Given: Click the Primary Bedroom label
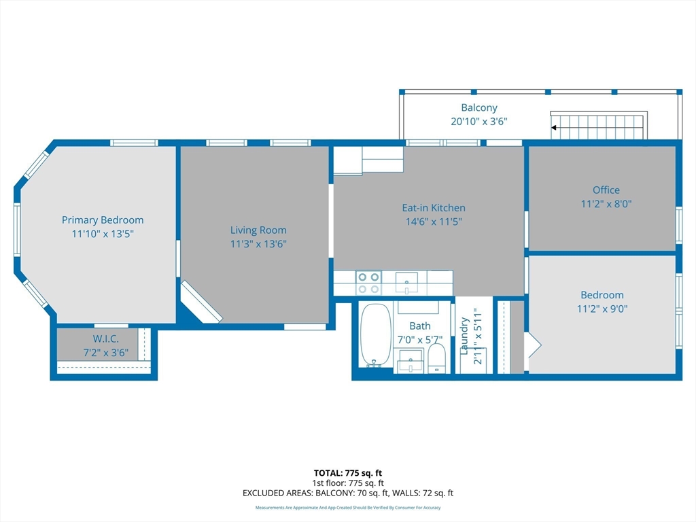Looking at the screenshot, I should pos(103,220).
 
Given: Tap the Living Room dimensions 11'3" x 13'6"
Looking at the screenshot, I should pos(258,244).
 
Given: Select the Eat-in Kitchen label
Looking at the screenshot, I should pos(433,208).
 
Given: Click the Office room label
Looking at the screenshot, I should pos(606,190).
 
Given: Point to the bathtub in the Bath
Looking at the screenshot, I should pos(375,334).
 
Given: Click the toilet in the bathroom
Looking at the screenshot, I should pos(436,358).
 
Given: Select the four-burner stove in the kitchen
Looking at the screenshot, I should pos(368,283).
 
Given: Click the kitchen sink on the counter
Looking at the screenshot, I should pos(406,281).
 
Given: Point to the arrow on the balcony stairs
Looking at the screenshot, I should pos(555,127).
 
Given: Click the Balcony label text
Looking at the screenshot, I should pos(479,107).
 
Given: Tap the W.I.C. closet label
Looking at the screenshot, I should pos(105,339).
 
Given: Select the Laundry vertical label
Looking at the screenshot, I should pos(465,336).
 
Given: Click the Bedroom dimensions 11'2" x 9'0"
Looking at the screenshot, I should pos(602,309).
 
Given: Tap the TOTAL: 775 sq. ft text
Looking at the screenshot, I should pos(347,472).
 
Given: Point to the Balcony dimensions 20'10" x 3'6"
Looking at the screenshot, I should pos(479,121).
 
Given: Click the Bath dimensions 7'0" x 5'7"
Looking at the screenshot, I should pos(419,339).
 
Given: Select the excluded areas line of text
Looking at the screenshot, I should pos(347,493).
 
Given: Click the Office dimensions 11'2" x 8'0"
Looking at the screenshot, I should pos(606,203).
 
